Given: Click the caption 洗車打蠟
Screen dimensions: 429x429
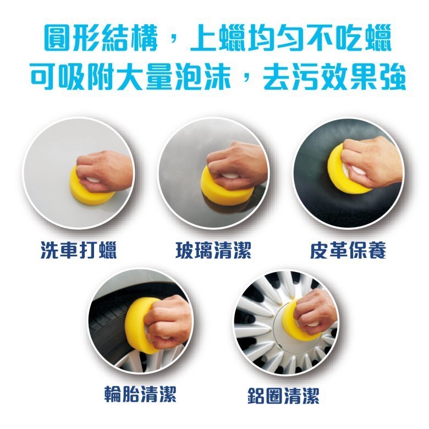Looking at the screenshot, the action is (79, 250).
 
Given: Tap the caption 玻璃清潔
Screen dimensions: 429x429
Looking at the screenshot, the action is (213, 250).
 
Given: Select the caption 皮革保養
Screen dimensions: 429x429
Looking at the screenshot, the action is (348, 250).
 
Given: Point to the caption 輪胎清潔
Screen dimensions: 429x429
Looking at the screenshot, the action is (141, 394).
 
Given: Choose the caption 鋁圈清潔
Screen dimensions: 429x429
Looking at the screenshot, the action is (283, 395).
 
